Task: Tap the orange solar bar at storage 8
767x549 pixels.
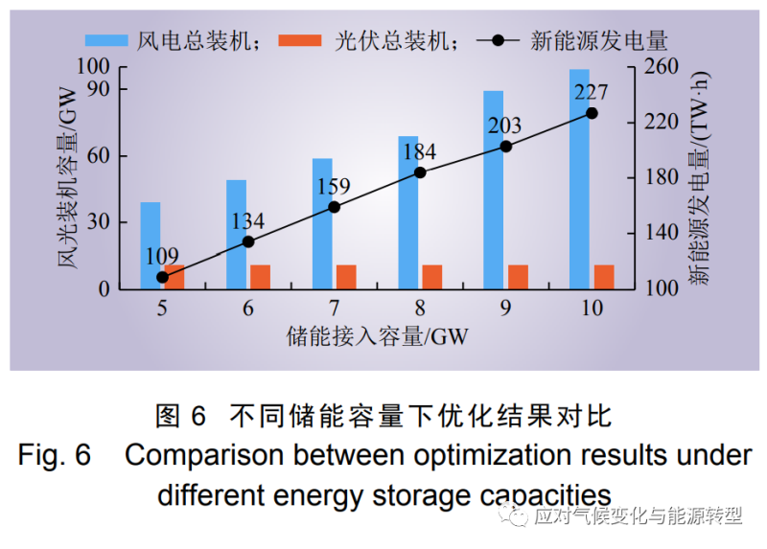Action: point(431,276)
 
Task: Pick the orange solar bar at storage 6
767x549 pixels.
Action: point(260,276)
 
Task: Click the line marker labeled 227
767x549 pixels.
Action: point(592,113)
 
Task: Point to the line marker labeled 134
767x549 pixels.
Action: point(248,241)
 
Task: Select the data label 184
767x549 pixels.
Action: point(418,152)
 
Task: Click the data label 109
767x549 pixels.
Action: point(162,256)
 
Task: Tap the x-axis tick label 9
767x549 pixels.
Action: point(505,308)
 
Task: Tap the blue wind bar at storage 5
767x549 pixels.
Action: point(151,245)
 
